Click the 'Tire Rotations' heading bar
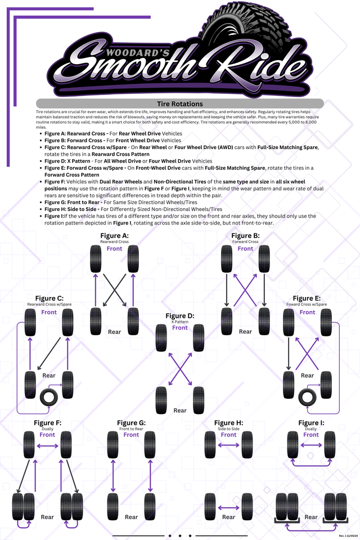point(179,103)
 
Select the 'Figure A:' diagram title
point(114,236)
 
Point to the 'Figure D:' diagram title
point(180,316)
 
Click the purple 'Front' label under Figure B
point(245,249)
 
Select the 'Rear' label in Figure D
point(180,411)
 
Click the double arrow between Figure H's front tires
point(228,445)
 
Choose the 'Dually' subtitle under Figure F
point(47,429)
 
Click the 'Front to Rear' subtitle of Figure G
point(131,429)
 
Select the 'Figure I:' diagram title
point(311,423)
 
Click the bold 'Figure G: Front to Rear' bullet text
point(85,201)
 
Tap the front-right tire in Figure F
point(66,444)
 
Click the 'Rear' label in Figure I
point(311,517)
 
